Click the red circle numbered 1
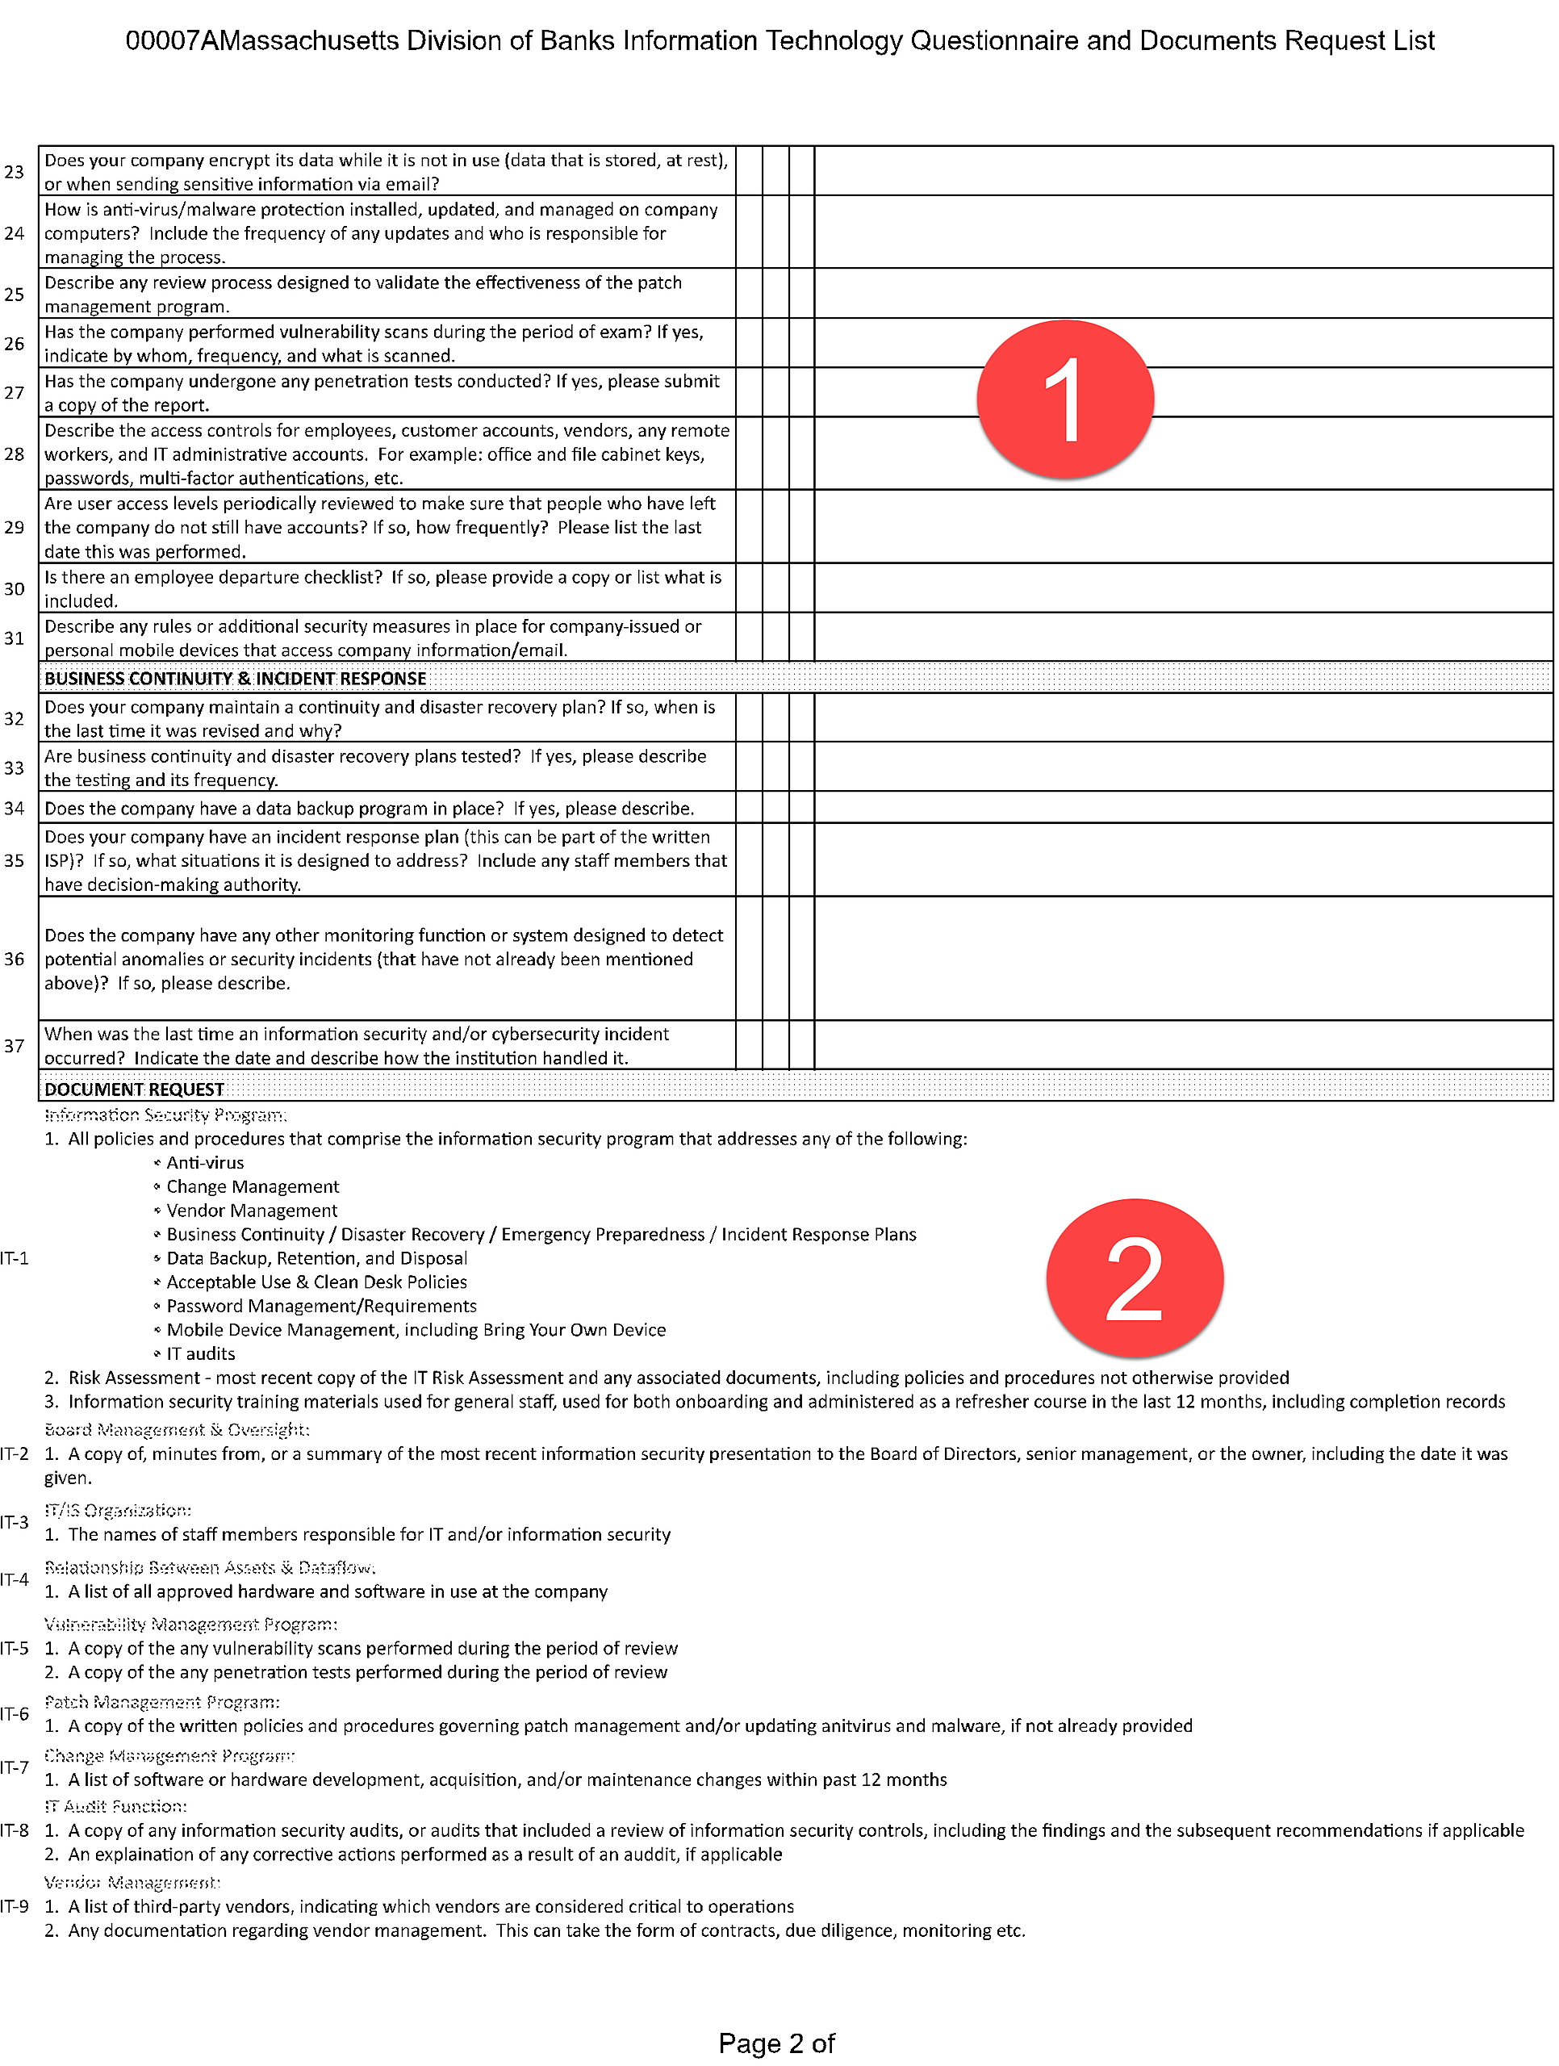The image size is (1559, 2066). (x=1065, y=399)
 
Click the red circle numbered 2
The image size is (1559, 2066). (x=1134, y=1277)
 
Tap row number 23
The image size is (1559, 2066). (x=14, y=172)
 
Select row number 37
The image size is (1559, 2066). (x=14, y=1046)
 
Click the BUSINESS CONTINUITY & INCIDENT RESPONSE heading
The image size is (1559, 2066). (x=236, y=678)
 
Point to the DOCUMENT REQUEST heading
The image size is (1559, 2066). (x=135, y=1089)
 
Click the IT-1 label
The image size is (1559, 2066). (x=15, y=1258)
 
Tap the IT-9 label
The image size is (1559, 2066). (x=15, y=1906)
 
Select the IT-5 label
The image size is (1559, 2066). (x=15, y=1649)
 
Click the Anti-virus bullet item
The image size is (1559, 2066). (x=205, y=1163)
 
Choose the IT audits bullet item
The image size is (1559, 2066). (x=200, y=1353)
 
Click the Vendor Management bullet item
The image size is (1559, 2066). (x=251, y=1211)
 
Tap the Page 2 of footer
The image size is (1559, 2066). (x=776, y=2043)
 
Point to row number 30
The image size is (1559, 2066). (x=14, y=588)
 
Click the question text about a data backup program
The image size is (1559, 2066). (x=369, y=808)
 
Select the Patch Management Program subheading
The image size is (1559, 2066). (x=162, y=1703)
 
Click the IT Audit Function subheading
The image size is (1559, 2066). (x=116, y=1806)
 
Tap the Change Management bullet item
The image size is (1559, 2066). (x=253, y=1186)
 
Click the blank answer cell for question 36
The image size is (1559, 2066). (x=1182, y=958)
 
